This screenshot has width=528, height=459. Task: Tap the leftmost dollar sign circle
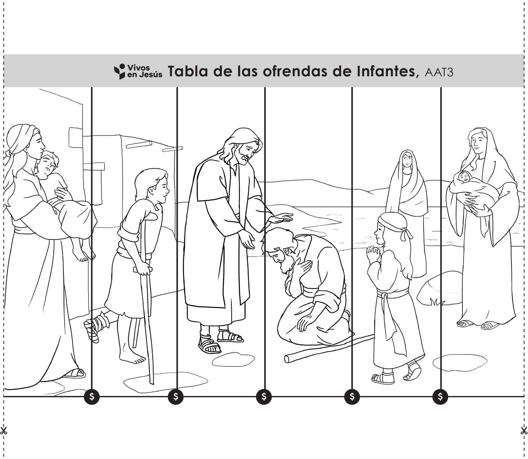tap(92, 396)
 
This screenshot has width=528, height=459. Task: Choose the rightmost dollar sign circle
tap(440, 396)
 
